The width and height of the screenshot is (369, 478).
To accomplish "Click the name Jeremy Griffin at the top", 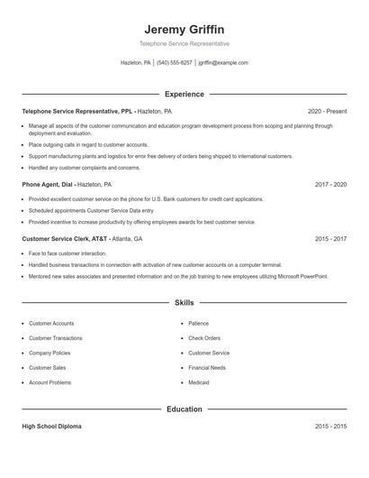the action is (x=184, y=29).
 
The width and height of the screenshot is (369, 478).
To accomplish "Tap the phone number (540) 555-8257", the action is (x=175, y=63).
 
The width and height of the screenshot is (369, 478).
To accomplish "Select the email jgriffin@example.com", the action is (x=223, y=63).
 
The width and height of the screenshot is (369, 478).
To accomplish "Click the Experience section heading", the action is (x=184, y=94).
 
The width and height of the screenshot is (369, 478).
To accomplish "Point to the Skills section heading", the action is (x=184, y=303).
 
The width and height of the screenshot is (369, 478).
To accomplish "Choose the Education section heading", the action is (x=184, y=409).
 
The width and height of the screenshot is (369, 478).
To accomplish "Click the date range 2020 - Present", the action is (x=327, y=111).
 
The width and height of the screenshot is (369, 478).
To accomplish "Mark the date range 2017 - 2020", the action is (x=330, y=184).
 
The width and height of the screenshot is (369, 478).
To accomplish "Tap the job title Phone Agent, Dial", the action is (x=49, y=184).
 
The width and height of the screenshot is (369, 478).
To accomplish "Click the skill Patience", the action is (x=198, y=323).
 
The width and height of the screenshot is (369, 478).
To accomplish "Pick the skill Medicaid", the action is (x=199, y=382).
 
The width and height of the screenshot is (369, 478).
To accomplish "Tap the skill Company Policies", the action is (x=49, y=353).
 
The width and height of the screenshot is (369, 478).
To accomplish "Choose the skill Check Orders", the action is (x=204, y=338).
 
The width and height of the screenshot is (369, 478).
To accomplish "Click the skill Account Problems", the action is (x=50, y=382).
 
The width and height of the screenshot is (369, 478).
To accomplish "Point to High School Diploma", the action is (x=51, y=427).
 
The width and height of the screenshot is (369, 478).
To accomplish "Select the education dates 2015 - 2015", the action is (x=330, y=427).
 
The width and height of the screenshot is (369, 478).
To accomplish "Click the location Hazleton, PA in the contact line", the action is (x=136, y=63).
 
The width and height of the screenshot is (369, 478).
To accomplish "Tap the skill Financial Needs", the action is (x=207, y=368).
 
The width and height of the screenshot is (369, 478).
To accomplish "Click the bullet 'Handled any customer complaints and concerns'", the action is (x=85, y=168).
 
